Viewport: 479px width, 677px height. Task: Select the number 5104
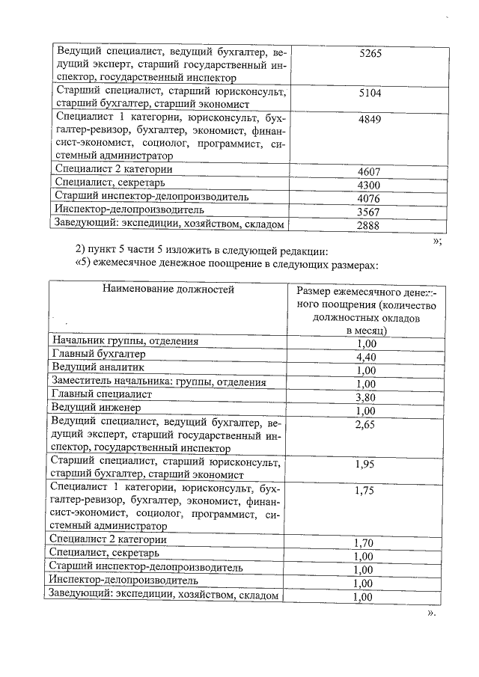tap(371, 93)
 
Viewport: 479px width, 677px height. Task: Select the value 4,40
tap(365, 357)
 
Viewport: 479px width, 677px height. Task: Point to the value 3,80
tap(365, 397)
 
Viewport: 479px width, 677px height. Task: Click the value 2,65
tap(365, 424)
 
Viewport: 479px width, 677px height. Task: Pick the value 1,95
tap(365, 464)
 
